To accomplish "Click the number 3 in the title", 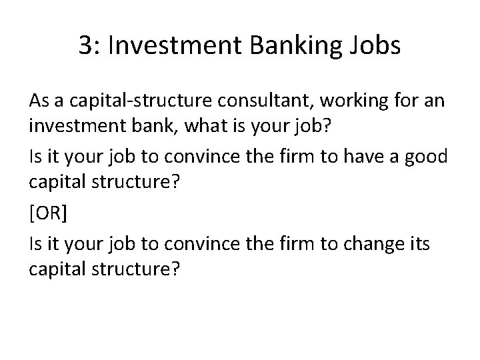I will click(x=85, y=46).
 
